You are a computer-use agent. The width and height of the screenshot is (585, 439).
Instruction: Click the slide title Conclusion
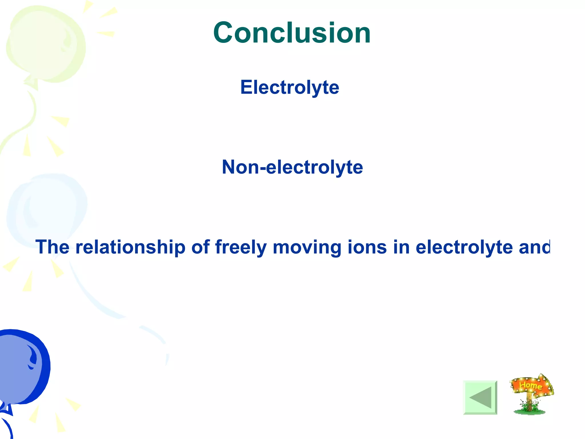pos(292,33)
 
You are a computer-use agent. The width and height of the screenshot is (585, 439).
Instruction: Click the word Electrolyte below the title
pos(290,87)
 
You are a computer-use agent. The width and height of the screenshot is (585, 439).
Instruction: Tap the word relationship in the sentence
pos(131,247)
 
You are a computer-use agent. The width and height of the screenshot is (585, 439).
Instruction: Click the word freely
pos(241,248)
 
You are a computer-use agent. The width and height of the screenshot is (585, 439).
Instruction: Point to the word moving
pos(307,248)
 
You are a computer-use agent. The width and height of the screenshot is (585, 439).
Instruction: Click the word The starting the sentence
pos(52,247)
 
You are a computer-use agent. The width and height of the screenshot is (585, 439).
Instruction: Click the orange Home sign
pos(531,386)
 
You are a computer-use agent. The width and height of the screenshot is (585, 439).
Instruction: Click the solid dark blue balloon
pos(23,367)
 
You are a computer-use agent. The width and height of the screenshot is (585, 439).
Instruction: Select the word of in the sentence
pos(200,247)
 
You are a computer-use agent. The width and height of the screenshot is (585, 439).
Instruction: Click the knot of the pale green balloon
pos(31,83)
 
